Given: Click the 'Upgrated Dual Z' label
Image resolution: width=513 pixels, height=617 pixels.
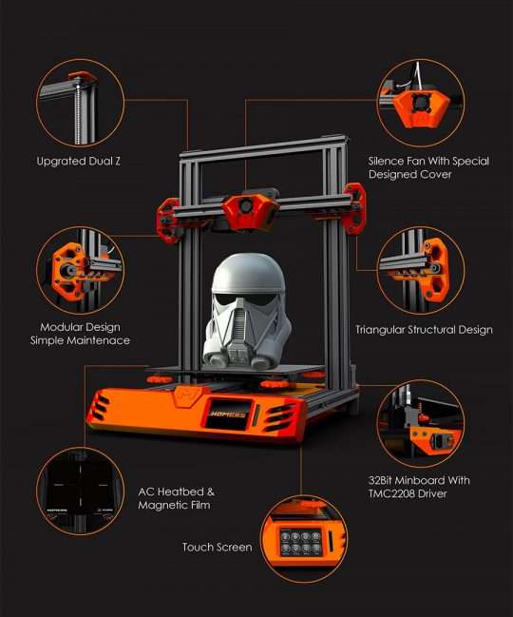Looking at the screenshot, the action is (x=78, y=162).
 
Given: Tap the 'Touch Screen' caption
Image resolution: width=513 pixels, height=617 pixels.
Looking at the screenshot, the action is (x=217, y=547).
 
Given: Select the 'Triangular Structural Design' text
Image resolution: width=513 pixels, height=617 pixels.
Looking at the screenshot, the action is (x=424, y=330).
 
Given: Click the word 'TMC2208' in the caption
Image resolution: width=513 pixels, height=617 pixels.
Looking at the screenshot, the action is (x=391, y=493).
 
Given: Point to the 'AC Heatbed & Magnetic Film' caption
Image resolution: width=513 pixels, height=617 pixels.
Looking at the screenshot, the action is (x=176, y=498).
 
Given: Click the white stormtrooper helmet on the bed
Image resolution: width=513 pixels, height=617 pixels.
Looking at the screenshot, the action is (x=247, y=312).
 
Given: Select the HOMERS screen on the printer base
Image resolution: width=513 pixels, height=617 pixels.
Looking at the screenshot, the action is (x=228, y=414).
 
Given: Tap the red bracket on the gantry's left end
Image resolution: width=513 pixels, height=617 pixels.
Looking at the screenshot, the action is (x=168, y=220).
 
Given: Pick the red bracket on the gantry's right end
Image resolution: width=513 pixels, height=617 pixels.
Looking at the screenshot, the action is (x=355, y=208).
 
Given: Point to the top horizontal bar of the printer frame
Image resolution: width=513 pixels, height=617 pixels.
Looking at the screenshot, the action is (x=264, y=147).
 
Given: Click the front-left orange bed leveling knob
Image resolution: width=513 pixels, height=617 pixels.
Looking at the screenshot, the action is (x=160, y=379).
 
